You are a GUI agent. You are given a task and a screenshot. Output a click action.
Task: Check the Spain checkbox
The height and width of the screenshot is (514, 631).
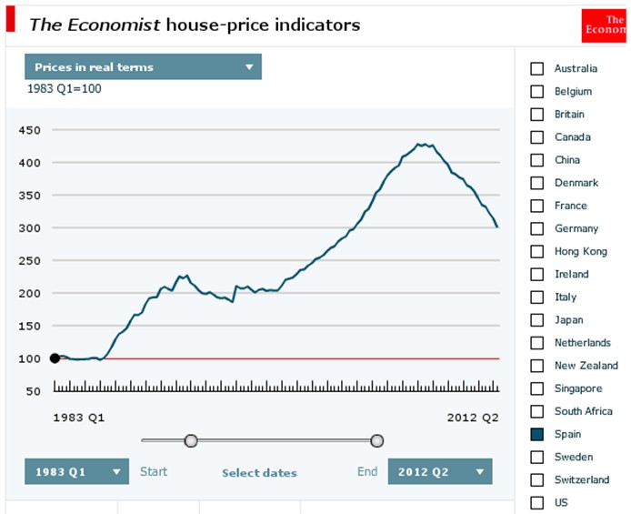pos(537,434)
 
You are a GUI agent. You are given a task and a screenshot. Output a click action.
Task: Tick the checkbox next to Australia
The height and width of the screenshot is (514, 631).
pos(537,68)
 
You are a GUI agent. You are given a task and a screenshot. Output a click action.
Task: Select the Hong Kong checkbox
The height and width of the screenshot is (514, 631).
pos(537,251)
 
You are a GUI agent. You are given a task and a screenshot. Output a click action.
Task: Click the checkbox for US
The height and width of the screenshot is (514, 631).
pos(537,502)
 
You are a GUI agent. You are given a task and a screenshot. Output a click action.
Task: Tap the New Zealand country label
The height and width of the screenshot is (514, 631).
pos(586,366)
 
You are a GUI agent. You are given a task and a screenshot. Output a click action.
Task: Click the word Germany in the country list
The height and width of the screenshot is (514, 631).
pos(576,228)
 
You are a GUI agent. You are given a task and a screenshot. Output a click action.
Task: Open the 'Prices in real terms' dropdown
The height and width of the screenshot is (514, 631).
pos(143,67)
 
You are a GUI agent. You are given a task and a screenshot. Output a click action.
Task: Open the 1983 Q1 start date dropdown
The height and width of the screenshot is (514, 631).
pos(76,471)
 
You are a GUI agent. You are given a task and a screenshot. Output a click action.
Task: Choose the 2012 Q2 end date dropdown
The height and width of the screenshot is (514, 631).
pos(439,471)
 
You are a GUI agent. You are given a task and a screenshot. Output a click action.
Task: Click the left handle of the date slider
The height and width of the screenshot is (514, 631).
pos(191,441)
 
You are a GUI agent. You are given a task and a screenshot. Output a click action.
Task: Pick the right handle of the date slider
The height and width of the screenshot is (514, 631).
pos(377,441)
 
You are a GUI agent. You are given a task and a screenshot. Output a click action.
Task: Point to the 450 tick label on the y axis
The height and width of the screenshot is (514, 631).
pos(30,130)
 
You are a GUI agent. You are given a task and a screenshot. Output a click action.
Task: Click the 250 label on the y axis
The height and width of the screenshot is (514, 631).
pos(30,260)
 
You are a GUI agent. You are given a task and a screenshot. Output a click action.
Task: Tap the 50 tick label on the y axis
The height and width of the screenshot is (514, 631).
pos(34,391)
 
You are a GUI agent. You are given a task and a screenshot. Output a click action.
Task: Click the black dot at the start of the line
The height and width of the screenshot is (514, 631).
pos(55,358)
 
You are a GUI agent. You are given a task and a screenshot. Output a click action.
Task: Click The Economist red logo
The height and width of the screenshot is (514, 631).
pos(604,25)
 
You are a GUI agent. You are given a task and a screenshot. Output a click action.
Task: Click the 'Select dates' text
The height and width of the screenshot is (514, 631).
pos(259,472)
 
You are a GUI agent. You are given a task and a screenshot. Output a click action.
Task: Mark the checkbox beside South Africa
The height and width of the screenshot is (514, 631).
pos(537,411)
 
